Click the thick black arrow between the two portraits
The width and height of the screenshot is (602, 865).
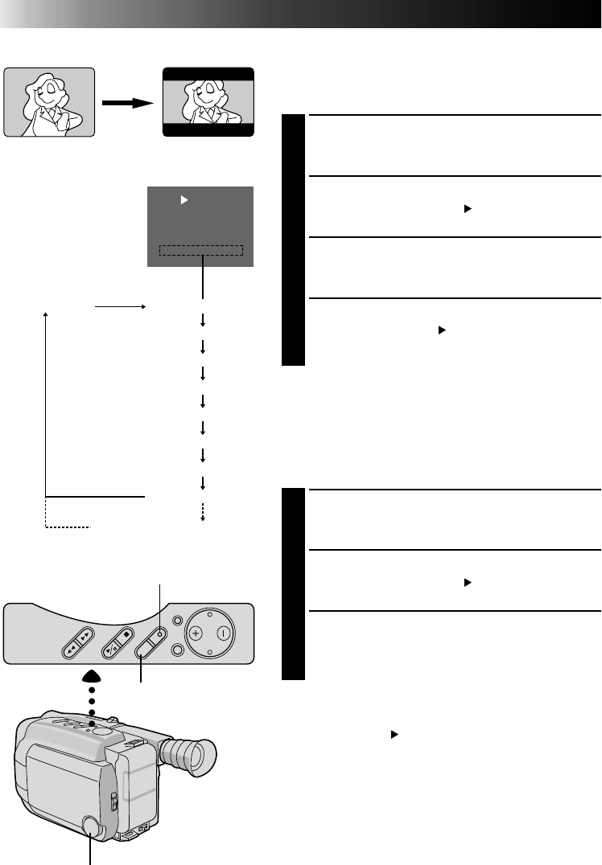pos(129,103)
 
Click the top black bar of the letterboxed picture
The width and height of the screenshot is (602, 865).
pos(209,74)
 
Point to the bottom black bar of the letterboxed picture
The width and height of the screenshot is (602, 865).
pos(209,129)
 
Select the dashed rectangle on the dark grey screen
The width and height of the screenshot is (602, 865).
pos(201,250)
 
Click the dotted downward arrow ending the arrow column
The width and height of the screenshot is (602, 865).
pos(203,513)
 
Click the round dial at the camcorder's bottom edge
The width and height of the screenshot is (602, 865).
pos(91,826)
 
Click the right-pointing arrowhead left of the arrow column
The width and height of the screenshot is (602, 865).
pos(142,307)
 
